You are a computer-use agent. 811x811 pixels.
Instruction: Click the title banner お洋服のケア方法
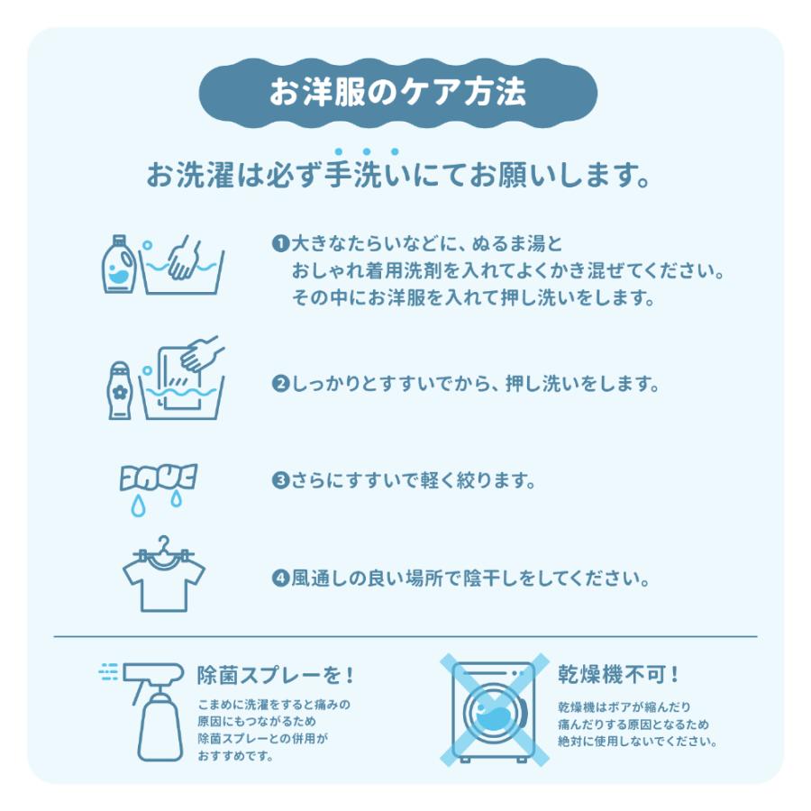tap(397, 93)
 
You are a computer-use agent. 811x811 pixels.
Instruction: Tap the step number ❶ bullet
tap(279, 244)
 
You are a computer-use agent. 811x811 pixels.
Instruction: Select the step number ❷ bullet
tap(279, 384)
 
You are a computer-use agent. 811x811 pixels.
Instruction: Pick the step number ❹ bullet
tap(279, 578)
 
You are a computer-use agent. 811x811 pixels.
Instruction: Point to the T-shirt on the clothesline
tap(163, 579)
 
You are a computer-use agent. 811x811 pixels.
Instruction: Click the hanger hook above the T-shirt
tap(162, 544)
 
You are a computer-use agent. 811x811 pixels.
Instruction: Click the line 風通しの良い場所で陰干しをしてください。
tap(469, 578)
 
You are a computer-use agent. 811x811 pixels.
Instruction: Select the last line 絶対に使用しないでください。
tap(637, 742)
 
